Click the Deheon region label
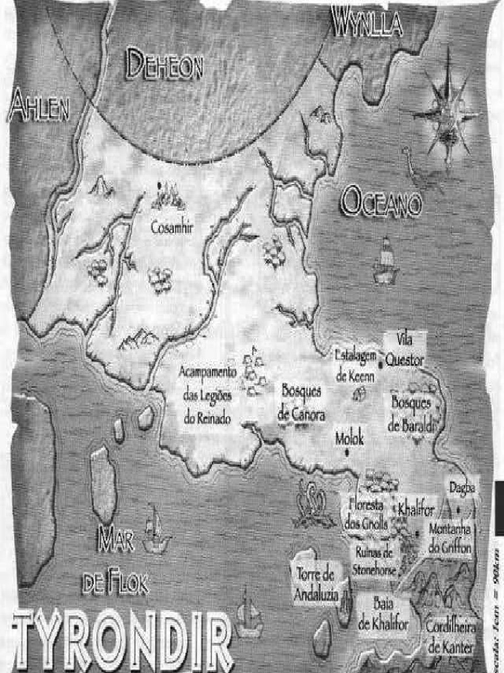[164, 64]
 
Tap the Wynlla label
[367, 24]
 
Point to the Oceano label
[381, 203]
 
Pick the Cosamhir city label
[172, 227]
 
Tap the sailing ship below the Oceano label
[385, 262]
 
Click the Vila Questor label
[404, 350]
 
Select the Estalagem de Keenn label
[356, 365]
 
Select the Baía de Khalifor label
[383, 613]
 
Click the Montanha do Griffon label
[450, 537]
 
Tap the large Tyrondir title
[123, 638]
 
